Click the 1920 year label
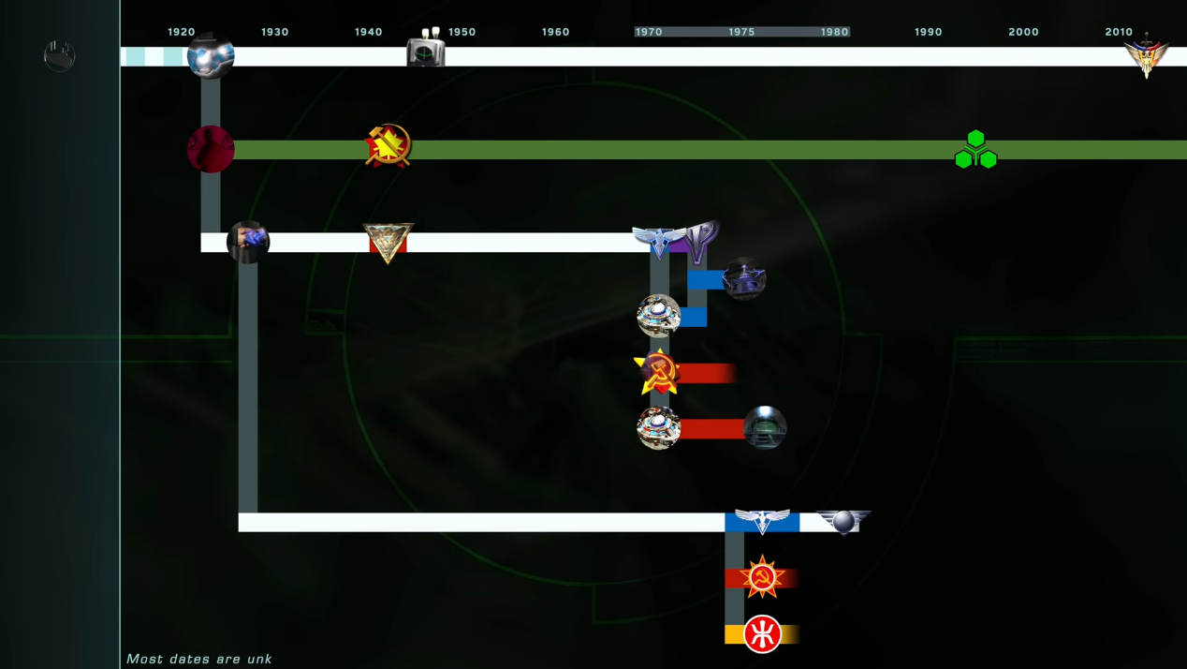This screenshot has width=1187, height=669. [181, 32]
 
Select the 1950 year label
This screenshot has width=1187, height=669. [462, 32]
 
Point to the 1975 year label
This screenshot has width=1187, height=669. [741, 32]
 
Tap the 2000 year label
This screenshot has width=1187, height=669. [1023, 32]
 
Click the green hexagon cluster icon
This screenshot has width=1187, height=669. [975, 151]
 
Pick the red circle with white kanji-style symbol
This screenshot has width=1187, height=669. [762, 634]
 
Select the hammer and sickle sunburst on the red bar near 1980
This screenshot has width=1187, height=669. [762, 578]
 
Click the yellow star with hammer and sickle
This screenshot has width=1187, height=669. [656, 372]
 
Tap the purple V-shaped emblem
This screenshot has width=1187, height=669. [701, 242]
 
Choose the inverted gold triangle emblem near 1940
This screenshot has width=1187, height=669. [388, 243]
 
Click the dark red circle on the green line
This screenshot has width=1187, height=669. [211, 149]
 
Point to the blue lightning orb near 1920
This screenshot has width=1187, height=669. [211, 56]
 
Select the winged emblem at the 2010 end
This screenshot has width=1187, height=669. [1146, 56]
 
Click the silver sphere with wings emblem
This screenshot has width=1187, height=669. [843, 521]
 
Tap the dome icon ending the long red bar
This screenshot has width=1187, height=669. [765, 428]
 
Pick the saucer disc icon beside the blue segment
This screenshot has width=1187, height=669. [658, 316]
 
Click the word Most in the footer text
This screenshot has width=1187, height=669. [144, 659]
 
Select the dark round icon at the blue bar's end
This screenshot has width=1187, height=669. [744, 278]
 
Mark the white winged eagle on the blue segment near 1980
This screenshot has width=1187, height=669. [761, 521]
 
